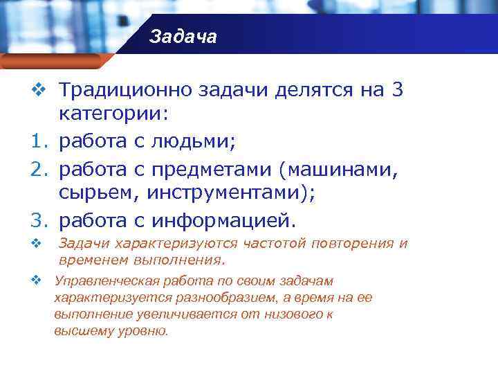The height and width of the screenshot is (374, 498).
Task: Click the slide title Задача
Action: coord(183,36)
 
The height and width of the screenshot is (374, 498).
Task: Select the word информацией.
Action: coord(221,221)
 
